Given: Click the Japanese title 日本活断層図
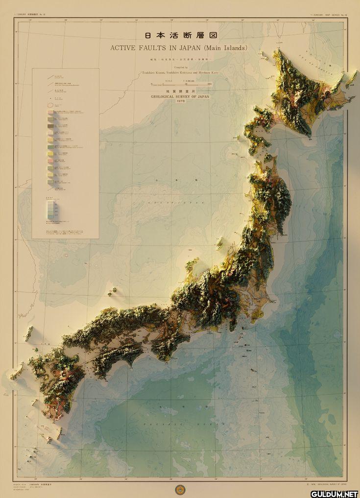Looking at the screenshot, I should tap(180, 36).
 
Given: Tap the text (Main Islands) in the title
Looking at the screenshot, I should tap(226, 48).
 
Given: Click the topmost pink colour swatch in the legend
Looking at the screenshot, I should tap(50, 112).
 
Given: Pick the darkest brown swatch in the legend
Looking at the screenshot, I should tap(50, 126).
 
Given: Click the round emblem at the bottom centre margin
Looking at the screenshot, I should tap(180, 488).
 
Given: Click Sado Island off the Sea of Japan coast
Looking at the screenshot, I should tap(220, 242).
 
